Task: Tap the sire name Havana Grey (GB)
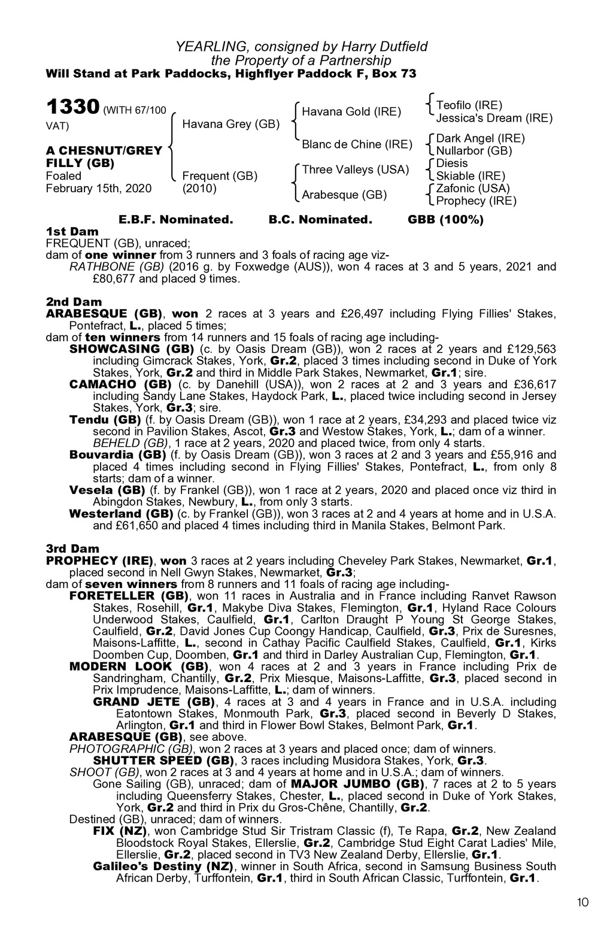(x=231, y=124)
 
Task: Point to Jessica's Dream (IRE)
(x=494, y=118)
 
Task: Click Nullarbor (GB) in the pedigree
(x=474, y=151)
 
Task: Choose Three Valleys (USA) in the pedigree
(x=356, y=169)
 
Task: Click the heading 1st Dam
(x=72, y=231)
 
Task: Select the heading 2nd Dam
(x=74, y=302)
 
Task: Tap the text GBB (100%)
(x=445, y=219)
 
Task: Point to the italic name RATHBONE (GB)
(x=117, y=266)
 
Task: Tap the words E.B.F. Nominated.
(x=176, y=219)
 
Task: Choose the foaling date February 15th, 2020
(x=99, y=188)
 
